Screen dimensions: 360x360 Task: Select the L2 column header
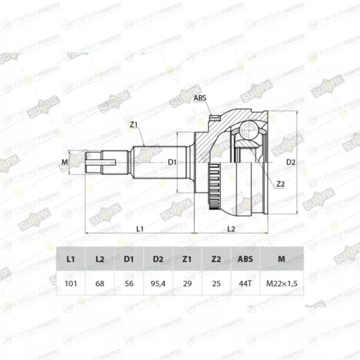click(100, 259)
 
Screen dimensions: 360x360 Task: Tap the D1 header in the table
click(129, 259)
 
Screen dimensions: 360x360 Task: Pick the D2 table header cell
click(158, 259)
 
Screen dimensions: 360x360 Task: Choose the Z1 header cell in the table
click(187, 259)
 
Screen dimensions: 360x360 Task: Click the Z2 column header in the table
click(217, 259)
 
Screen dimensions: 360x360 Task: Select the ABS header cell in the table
click(246, 259)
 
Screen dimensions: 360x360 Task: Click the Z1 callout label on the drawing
click(134, 124)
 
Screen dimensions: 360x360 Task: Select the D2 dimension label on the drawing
click(291, 162)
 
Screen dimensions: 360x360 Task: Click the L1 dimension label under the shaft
click(139, 228)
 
